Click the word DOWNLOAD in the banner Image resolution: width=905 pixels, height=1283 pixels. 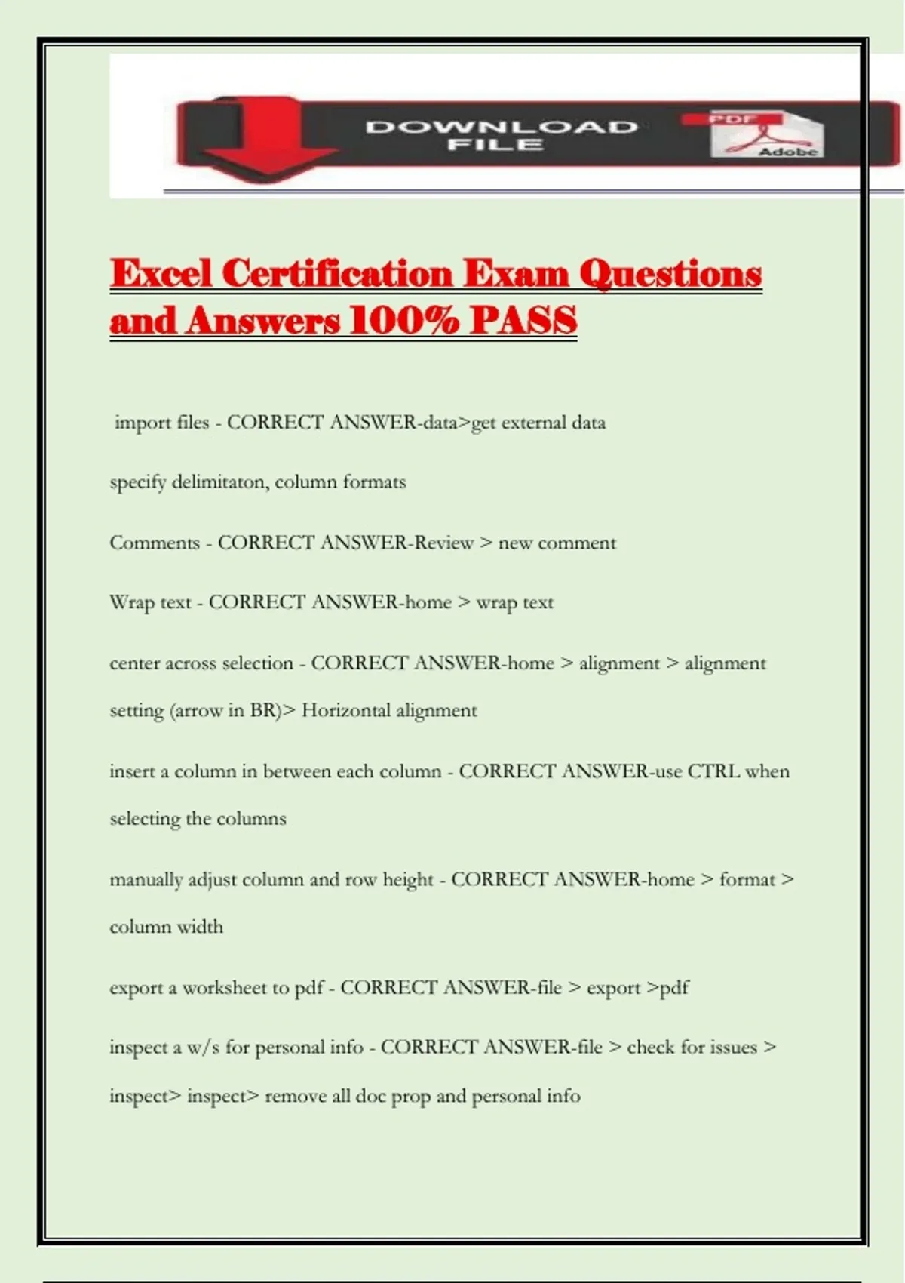[502, 126]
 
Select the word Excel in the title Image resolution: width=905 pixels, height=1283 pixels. [161, 273]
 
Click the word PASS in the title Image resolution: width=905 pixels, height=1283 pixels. [523, 321]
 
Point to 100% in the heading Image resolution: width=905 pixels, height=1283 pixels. [404, 321]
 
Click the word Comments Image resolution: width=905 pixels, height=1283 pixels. [155, 543]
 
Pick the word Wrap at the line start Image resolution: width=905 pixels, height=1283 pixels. [132, 602]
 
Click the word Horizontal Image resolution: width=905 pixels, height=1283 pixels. [346, 710]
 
